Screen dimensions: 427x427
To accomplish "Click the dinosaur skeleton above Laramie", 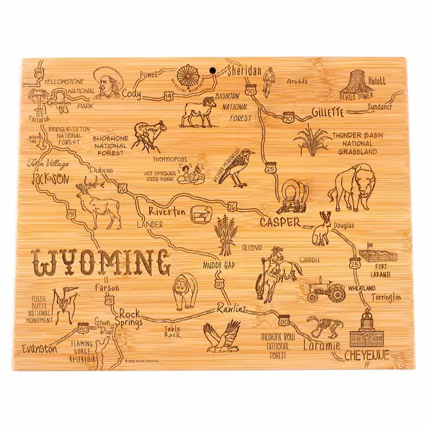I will tap(324, 327).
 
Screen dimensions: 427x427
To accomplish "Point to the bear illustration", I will tap(184, 291).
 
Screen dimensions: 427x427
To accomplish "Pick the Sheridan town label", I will tap(244, 72).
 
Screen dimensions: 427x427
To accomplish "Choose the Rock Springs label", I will tap(129, 318).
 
